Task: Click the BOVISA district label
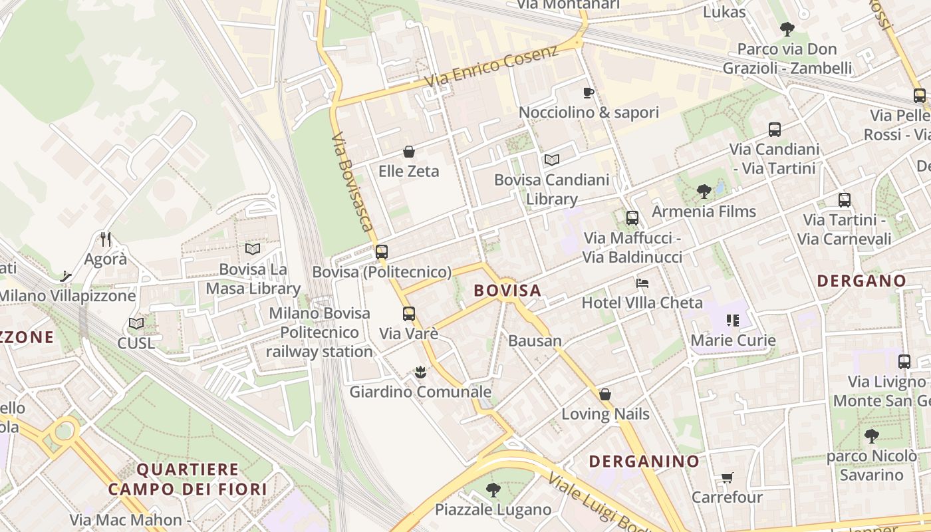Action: coord(507,291)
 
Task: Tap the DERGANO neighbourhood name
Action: coord(861,281)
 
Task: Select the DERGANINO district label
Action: coord(644,461)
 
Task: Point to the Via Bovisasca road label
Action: coord(352,182)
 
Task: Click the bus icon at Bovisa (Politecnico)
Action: coord(381,252)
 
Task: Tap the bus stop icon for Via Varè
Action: coord(408,313)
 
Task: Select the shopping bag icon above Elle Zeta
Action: coord(408,152)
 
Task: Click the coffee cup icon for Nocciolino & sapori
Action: coord(588,92)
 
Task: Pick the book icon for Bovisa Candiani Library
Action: coord(551,160)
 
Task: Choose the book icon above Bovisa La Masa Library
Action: coord(252,249)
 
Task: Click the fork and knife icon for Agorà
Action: coord(105,239)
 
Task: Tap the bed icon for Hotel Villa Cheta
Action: coord(642,283)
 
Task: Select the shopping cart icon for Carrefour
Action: coord(727,477)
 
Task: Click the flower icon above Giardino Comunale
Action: coord(420,372)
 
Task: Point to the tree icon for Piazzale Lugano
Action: coord(493,490)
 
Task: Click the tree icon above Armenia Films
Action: coord(704,192)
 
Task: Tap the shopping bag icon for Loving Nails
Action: coord(604,394)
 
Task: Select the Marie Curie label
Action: coord(733,340)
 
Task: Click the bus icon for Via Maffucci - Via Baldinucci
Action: coord(632,217)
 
